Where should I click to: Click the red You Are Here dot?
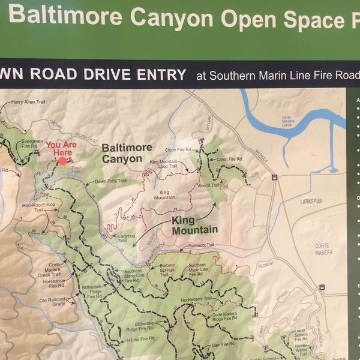tap(62, 161)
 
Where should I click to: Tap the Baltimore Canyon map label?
tap(122, 153)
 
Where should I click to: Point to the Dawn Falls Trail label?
tap(111, 181)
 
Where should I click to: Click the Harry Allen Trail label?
tap(29, 103)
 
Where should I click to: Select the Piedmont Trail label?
tap(201, 245)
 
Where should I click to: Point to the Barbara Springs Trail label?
tap(167, 267)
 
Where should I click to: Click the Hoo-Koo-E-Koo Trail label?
tap(32, 207)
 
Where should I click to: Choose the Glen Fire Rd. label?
tap(223, 346)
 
